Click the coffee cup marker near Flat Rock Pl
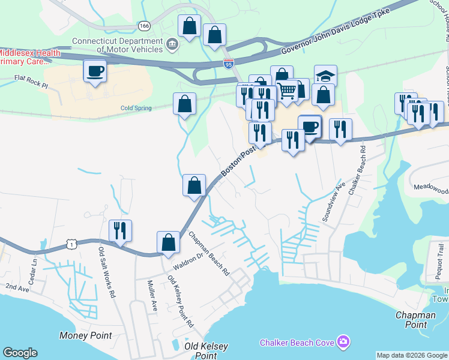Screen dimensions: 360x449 click(95, 71)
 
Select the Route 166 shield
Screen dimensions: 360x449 click(143, 26)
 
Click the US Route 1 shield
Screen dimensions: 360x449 click(72, 244)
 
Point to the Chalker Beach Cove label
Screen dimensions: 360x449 click(297, 343)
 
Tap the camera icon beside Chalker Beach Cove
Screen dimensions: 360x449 click(343, 342)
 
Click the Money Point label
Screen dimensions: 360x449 click(85, 335)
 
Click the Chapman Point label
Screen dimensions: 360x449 click(415, 319)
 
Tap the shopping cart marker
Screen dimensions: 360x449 click(288, 91)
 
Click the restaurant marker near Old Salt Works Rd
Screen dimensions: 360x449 click(120, 231)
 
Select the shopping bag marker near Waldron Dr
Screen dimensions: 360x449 click(169, 243)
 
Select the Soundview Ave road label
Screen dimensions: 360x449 click(333, 202)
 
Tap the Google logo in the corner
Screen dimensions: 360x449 click(20, 353)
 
